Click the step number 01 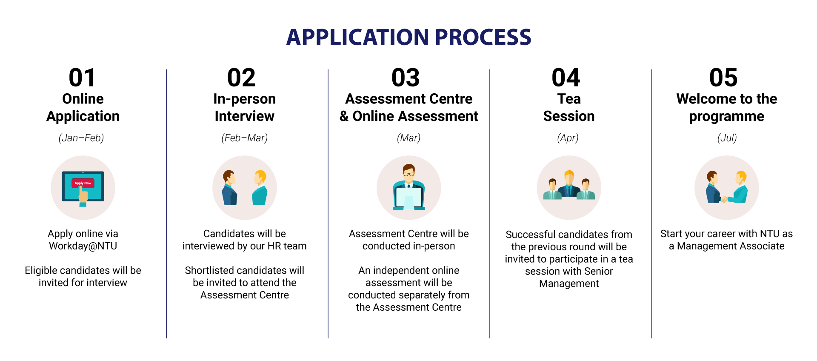(82, 78)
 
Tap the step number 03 (406, 78)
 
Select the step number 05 (723, 78)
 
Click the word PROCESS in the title (483, 37)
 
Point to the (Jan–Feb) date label (81, 138)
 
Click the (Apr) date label (568, 138)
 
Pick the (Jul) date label (727, 138)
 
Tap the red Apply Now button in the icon (83, 183)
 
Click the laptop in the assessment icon (408, 198)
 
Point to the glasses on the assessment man (409, 174)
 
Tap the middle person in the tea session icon (569, 184)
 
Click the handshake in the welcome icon (724, 199)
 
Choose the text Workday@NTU (83, 246)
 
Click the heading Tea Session (569, 107)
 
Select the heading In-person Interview (245, 107)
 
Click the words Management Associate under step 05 (731, 246)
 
